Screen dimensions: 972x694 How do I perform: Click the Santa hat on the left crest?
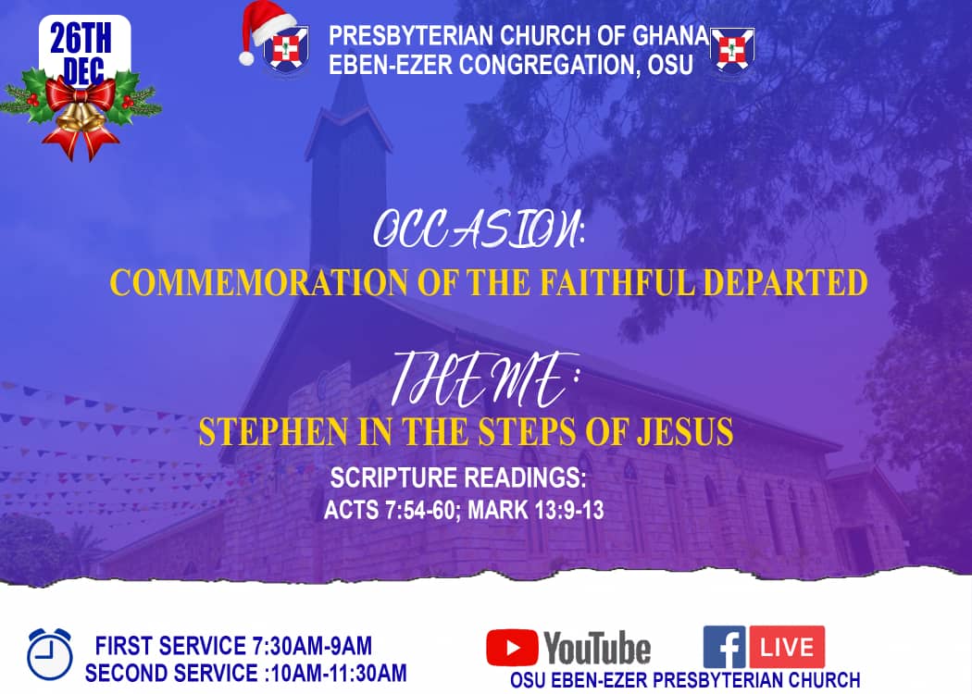point(266,28)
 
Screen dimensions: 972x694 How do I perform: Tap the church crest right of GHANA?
point(732,50)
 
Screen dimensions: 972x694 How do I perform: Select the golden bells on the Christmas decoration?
point(81,118)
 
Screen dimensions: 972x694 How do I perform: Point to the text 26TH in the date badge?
point(81,39)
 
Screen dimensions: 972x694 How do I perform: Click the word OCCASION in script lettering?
point(478,229)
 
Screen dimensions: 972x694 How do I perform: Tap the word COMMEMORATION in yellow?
point(258,282)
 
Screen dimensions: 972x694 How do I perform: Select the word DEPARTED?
point(785,282)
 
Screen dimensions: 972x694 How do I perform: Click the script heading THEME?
point(483,379)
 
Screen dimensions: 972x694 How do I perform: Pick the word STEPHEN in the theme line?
point(273,432)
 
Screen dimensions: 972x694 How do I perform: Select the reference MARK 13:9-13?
point(536,510)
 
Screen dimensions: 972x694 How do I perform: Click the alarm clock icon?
point(50,654)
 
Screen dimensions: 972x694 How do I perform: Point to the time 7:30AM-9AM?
point(312,646)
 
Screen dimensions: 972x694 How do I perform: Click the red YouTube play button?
point(512,648)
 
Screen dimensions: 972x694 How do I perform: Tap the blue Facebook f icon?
point(725,647)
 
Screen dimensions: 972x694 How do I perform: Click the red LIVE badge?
point(787,647)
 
